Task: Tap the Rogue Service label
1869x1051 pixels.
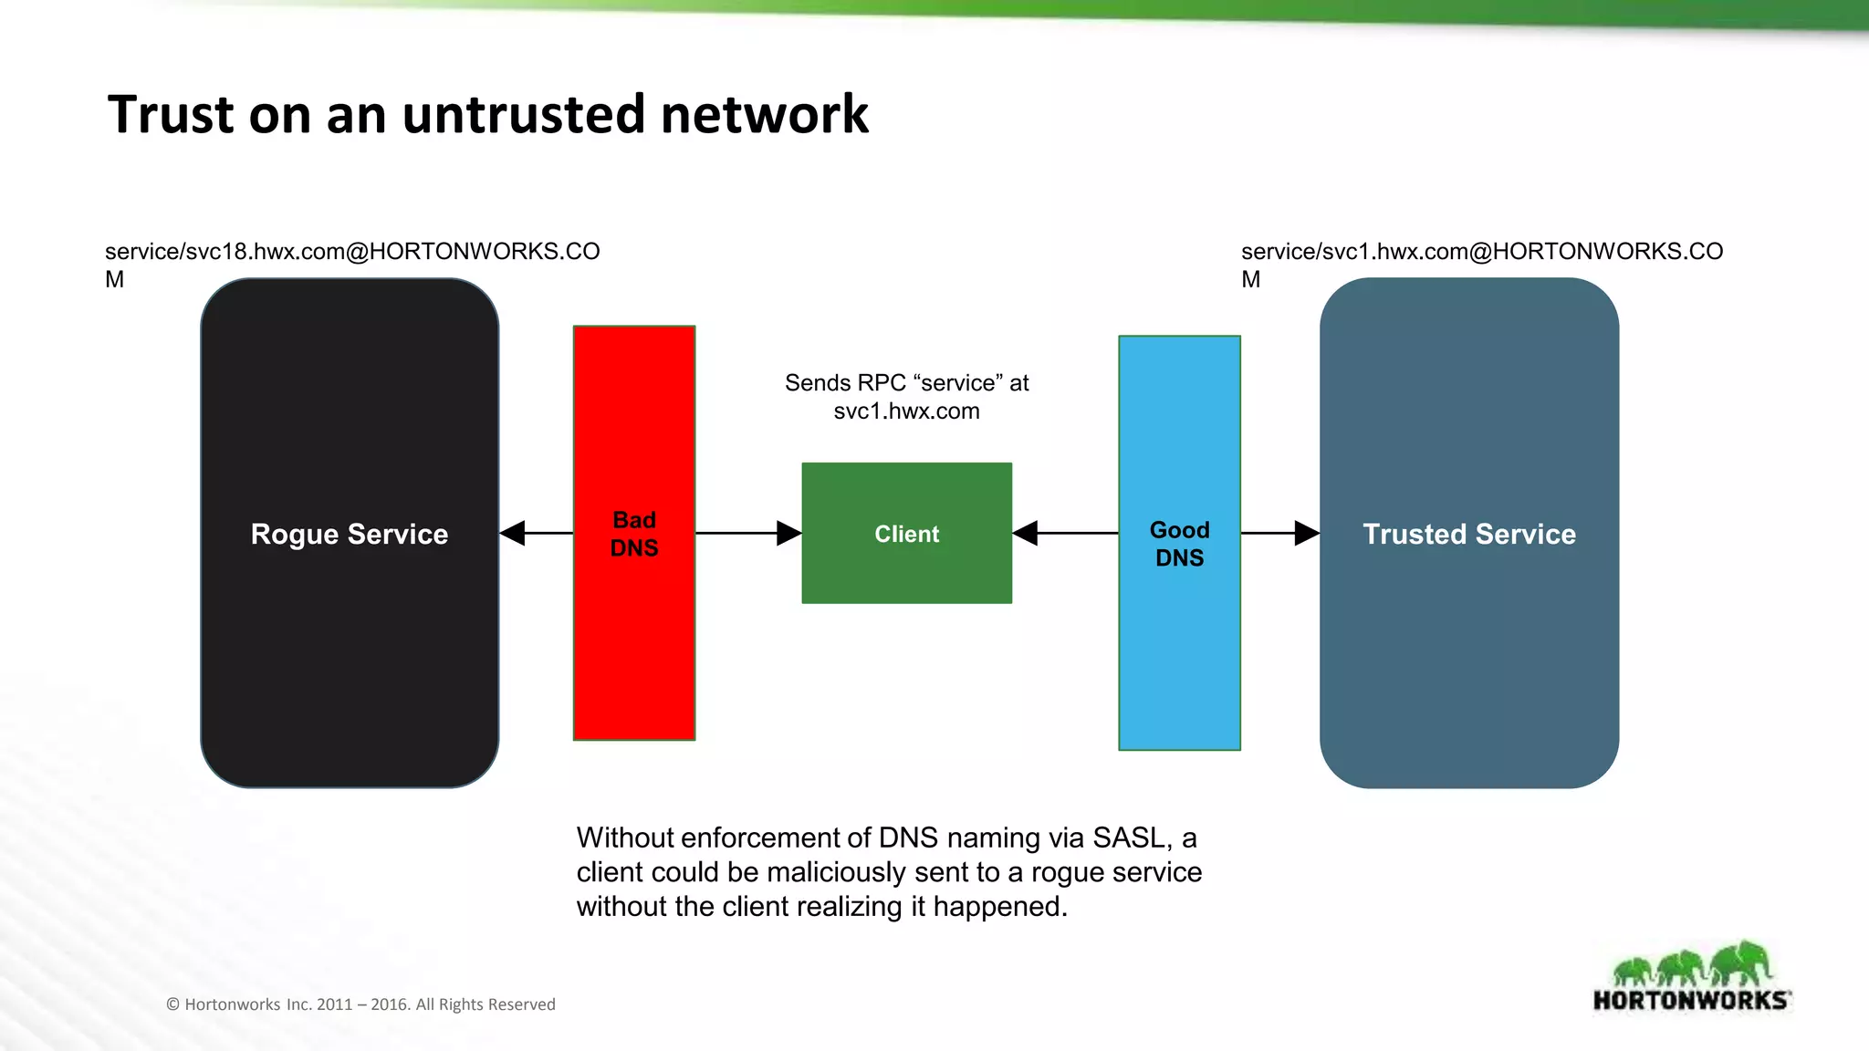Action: (350, 534)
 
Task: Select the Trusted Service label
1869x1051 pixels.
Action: (1469, 534)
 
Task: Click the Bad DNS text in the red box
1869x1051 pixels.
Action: (634, 534)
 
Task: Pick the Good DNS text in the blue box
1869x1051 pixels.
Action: (1179, 544)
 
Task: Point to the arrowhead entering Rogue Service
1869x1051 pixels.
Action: (513, 533)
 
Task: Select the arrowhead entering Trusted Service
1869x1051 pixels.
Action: (1307, 533)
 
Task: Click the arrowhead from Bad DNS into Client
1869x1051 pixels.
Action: (788, 533)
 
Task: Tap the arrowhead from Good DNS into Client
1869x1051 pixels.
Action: (1026, 533)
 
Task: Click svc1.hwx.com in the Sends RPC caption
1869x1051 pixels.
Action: (906, 411)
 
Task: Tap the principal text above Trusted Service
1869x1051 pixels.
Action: (1481, 252)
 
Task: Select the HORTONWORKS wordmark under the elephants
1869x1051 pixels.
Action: (1690, 1001)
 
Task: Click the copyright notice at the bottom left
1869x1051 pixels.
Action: (360, 1004)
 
